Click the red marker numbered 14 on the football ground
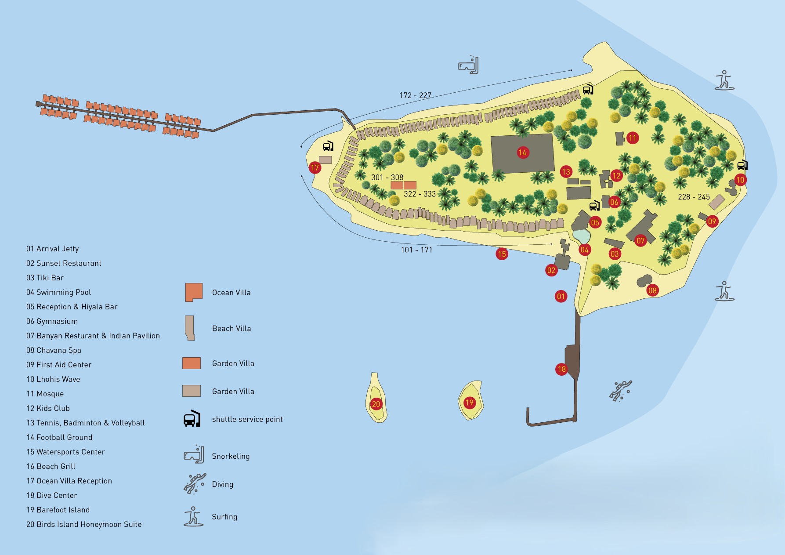(522, 152)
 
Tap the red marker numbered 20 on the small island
(376, 404)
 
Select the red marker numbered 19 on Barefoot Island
(469, 403)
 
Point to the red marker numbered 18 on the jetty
(561, 369)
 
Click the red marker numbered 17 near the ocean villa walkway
(315, 167)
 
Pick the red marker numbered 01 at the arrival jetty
(561, 296)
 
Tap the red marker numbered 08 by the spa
(652, 290)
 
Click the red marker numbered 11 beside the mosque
(632, 138)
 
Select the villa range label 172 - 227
(415, 95)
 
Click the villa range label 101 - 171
(416, 250)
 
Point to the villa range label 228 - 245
(694, 197)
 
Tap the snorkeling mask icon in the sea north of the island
(468, 65)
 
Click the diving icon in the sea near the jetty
(620, 390)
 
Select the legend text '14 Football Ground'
(59, 437)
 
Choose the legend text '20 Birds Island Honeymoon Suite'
(84, 524)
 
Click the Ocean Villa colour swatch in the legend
(194, 292)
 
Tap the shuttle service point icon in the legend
(192, 419)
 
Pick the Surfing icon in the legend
(193, 516)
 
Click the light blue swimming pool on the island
(582, 236)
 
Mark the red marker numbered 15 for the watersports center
(502, 254)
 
